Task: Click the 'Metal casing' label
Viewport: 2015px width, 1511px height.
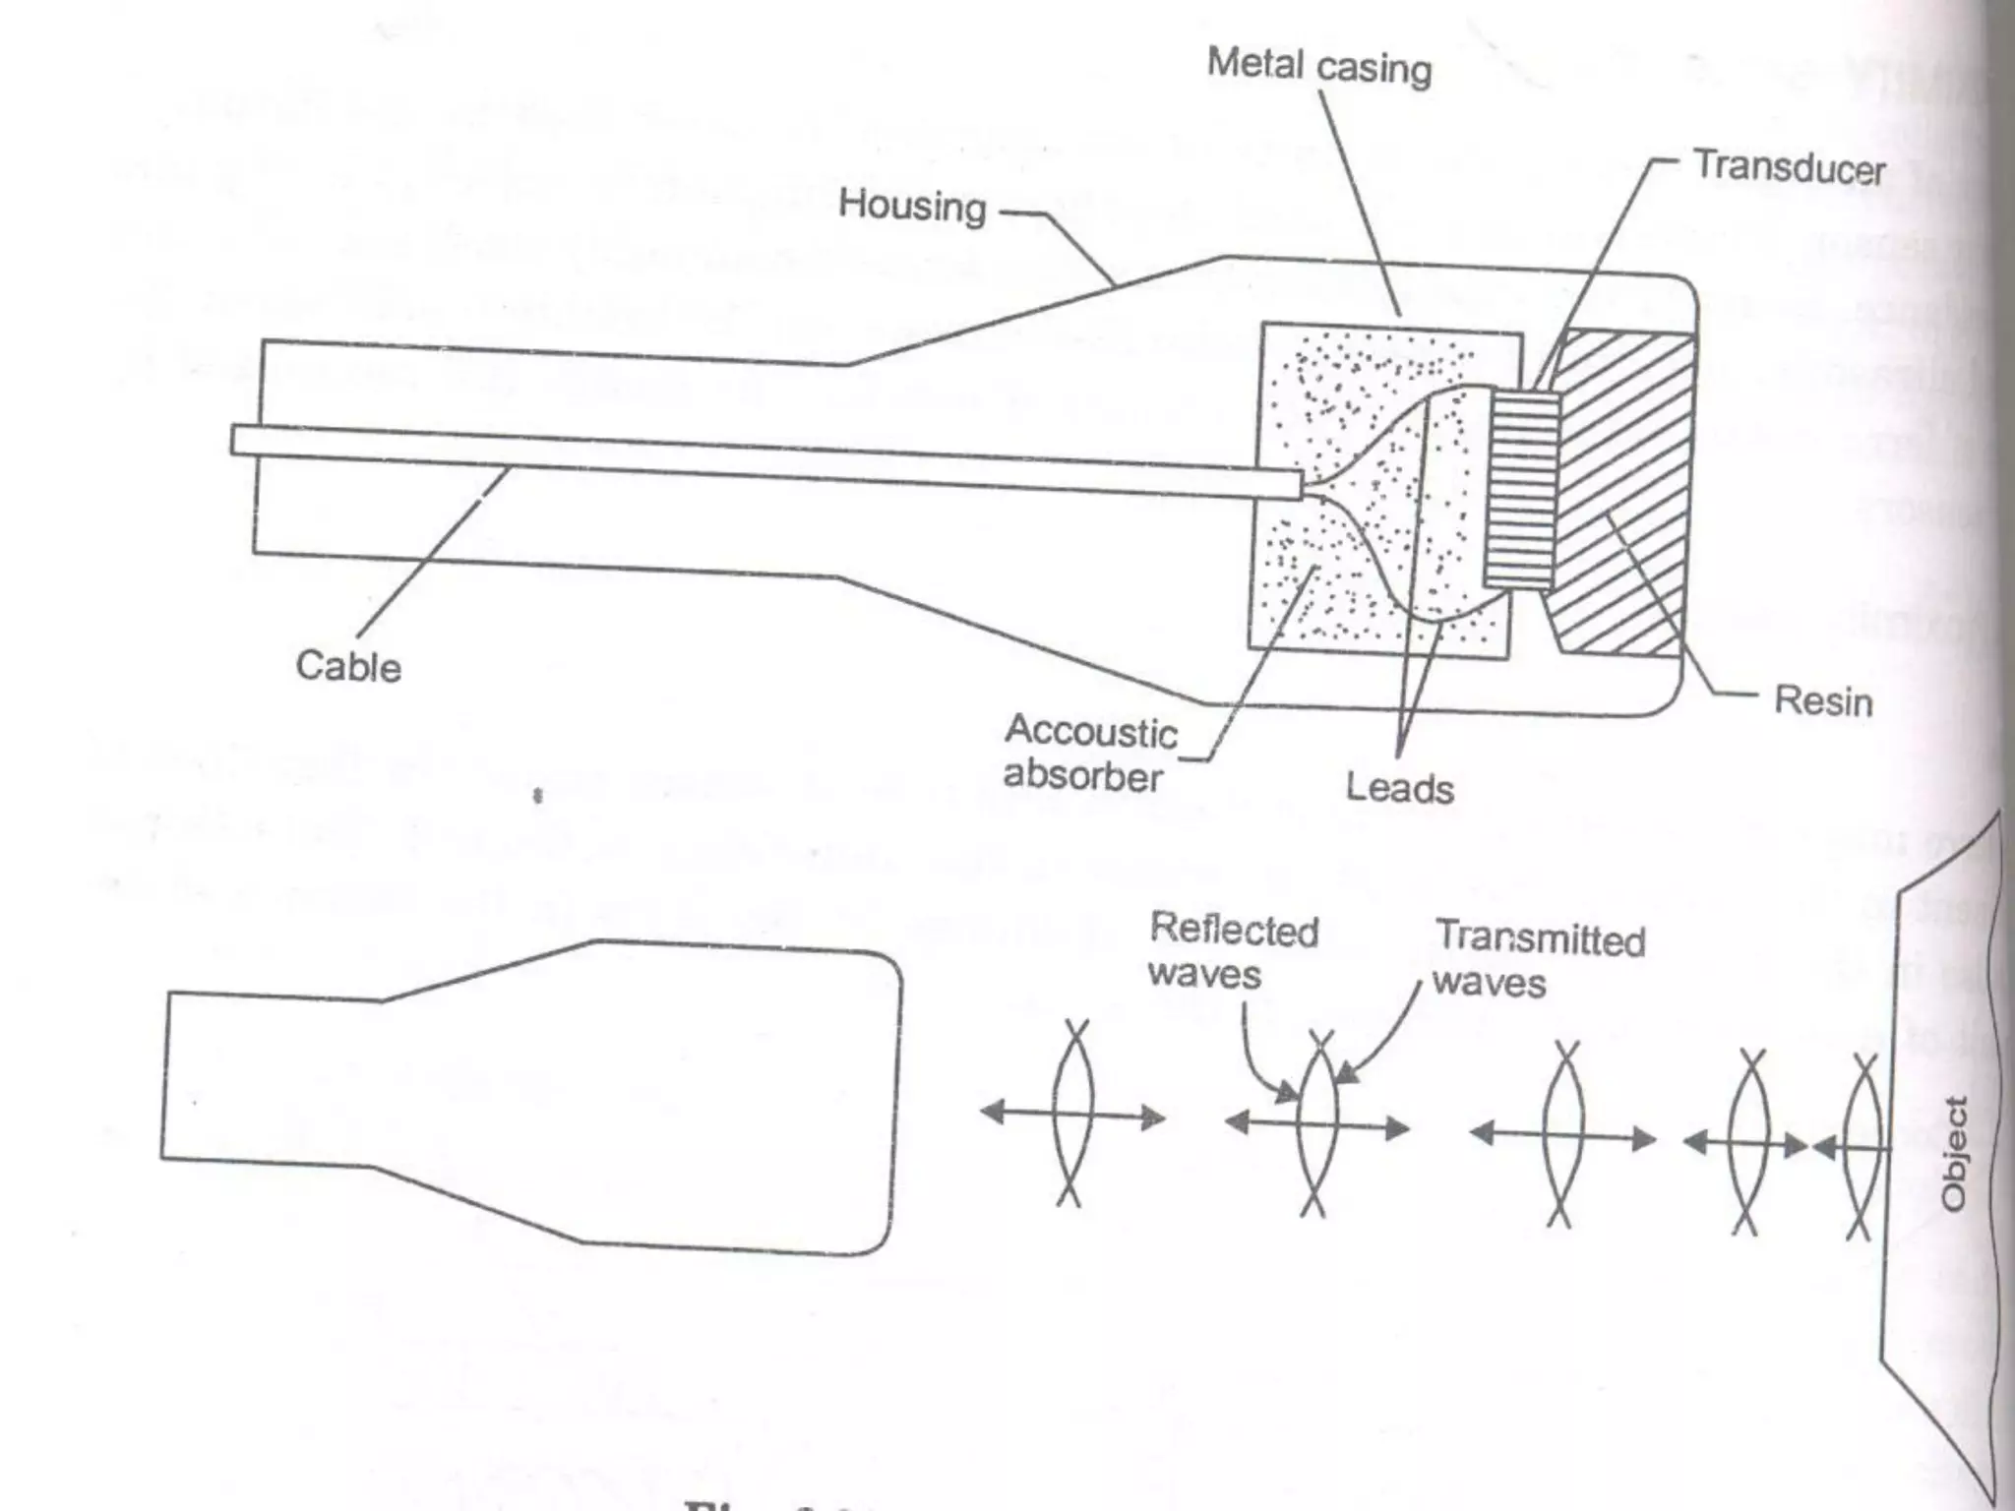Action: coord(1318,66)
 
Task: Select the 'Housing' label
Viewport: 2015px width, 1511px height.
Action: coord(911,206)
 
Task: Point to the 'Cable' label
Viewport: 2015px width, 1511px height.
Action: coord(348,667)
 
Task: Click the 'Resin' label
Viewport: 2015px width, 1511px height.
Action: coord(1822,701)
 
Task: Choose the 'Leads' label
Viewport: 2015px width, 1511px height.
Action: coord(1399,788)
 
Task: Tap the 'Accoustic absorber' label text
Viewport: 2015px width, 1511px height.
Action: coord(1088,754)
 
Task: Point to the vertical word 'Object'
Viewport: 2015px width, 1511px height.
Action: coord(1954,1152)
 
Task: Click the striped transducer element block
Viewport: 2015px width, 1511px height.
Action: coord(1522,489)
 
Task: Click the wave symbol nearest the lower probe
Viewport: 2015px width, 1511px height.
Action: coord(1072,1115)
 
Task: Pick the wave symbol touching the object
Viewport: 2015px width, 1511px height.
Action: coord(1860,1146)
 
